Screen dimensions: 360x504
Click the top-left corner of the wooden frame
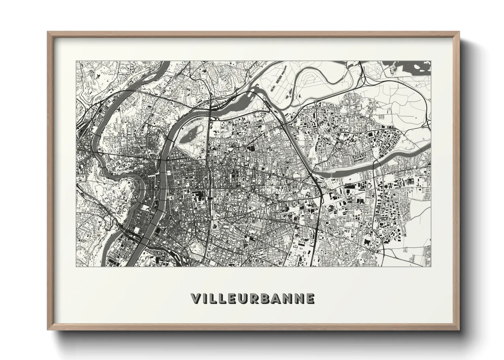point(48,32)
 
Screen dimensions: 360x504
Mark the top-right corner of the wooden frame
point(459,32)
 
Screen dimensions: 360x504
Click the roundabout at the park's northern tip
point(215,120)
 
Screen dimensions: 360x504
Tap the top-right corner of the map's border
point(431,61)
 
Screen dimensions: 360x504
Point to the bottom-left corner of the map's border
point(76,267)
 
